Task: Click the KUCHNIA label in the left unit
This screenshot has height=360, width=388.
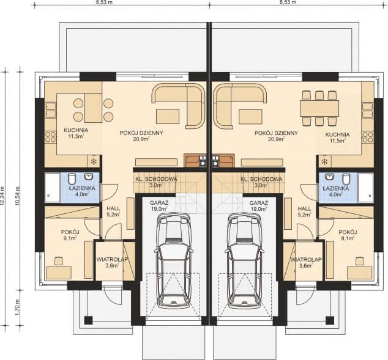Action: pos(76,130)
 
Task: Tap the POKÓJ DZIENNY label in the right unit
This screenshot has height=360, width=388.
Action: pos(276,133)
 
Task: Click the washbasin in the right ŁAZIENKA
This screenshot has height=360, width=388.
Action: pos(330,177)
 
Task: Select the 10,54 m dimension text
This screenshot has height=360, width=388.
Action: pos(17,195)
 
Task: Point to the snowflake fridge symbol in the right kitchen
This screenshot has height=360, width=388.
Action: pos(324,162)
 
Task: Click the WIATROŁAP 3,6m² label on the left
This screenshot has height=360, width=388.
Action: pos(112,262)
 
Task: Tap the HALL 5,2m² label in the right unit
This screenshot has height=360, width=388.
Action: pos(304,211)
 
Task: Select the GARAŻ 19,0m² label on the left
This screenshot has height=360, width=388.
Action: pos(159,206)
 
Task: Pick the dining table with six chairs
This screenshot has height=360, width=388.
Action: pos(319,108)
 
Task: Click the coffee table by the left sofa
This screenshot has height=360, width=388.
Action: pos(168,116)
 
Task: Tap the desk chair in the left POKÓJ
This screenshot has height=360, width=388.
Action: pos(58,261)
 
